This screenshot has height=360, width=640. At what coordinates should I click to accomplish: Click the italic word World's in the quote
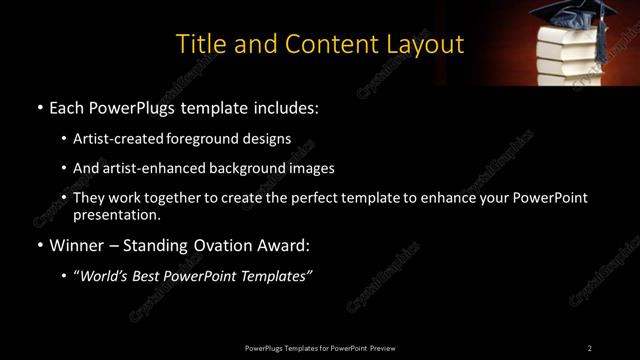point(105,276)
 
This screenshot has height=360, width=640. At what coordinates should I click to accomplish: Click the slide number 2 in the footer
point(590,347)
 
